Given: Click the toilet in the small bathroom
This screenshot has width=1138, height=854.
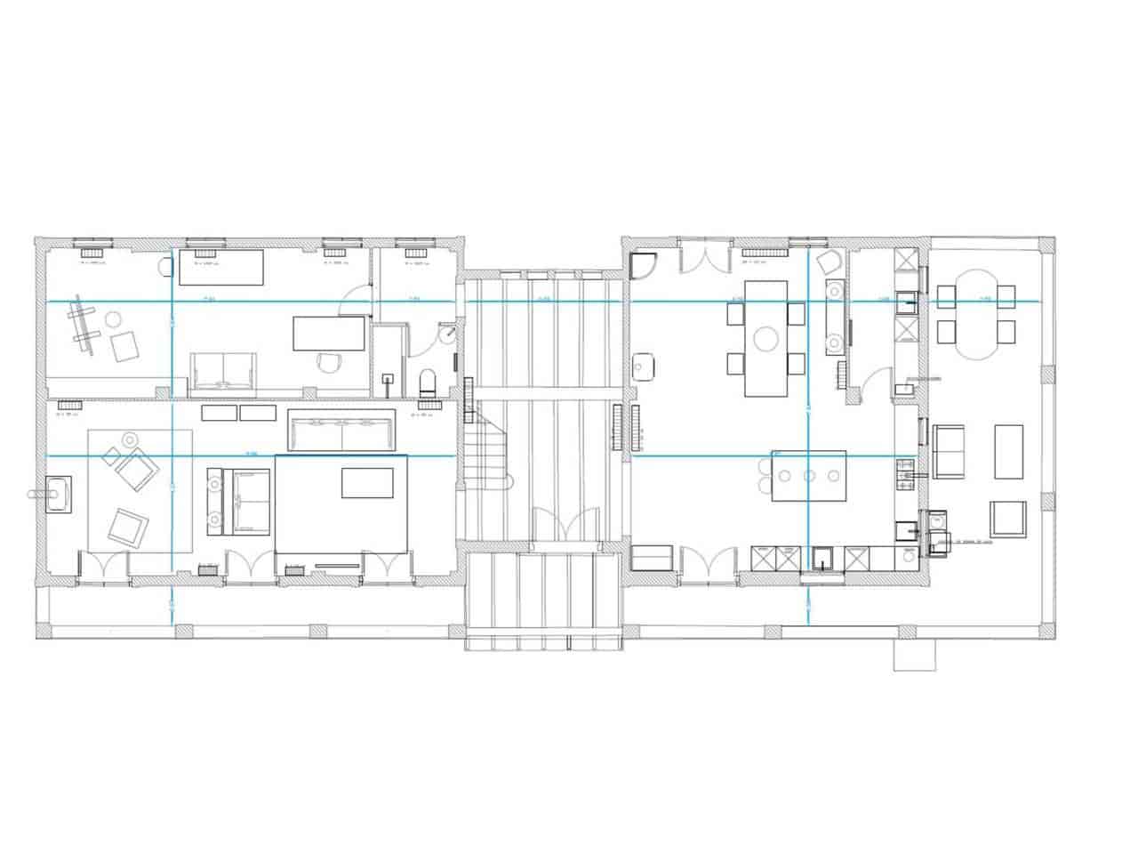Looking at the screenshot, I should click(x=427, y=383).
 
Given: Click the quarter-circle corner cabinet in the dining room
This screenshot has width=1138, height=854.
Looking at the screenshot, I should click(x=641, y=263).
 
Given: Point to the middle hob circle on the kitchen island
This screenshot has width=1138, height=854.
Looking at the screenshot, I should click(x=809, y=475).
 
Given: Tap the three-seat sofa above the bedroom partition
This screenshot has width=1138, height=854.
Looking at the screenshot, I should click(x=341, y=430).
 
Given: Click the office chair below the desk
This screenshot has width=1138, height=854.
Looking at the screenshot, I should click(x=328, y=361).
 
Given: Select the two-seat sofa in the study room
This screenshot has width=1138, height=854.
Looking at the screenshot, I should click(x=223, y=372).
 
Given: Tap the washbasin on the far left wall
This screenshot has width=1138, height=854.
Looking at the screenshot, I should click(x=58, y=494).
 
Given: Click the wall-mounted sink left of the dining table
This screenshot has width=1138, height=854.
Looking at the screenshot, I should click(x=644, y=366).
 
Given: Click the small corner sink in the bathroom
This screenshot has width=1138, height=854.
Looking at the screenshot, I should click(x=449, y=334).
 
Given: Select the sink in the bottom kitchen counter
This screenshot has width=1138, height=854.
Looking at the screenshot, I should click(x=822, y=557).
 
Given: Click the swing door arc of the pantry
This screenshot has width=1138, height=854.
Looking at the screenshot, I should click(x=876, y=383).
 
